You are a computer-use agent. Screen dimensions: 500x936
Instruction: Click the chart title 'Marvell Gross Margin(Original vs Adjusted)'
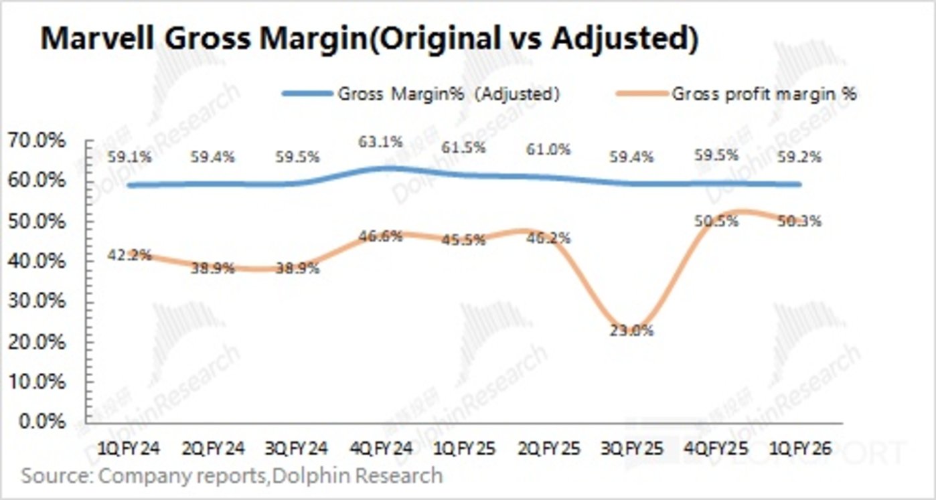click(370, 39)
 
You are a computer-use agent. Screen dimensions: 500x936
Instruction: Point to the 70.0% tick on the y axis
click(38, 141)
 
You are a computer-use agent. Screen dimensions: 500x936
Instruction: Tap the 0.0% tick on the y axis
click(42, 423)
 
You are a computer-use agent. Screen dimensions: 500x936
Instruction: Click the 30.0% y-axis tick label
click(38, 302)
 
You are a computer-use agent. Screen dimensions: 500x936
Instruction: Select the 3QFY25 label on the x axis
click(631, 449)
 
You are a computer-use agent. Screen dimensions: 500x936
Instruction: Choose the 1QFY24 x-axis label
click(129, 449)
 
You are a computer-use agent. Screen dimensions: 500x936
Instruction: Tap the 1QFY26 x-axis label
click(799, 449)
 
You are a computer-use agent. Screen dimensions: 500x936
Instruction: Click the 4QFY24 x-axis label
click(380, 449)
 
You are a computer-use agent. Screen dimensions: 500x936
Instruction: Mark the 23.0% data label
click(632, 331)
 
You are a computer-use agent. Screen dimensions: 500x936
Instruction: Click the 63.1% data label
click(381, 143)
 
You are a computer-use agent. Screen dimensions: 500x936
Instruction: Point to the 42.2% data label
click(130, 256)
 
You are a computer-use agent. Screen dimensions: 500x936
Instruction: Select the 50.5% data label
click(716, 221)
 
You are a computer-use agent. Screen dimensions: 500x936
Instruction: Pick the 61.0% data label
click(548, 150)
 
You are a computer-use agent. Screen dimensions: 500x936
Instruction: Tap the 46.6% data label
click(381, 236)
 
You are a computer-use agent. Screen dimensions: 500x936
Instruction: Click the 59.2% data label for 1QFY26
click(799, 159)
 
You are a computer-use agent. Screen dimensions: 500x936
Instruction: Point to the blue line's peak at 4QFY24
click(381, 168)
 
